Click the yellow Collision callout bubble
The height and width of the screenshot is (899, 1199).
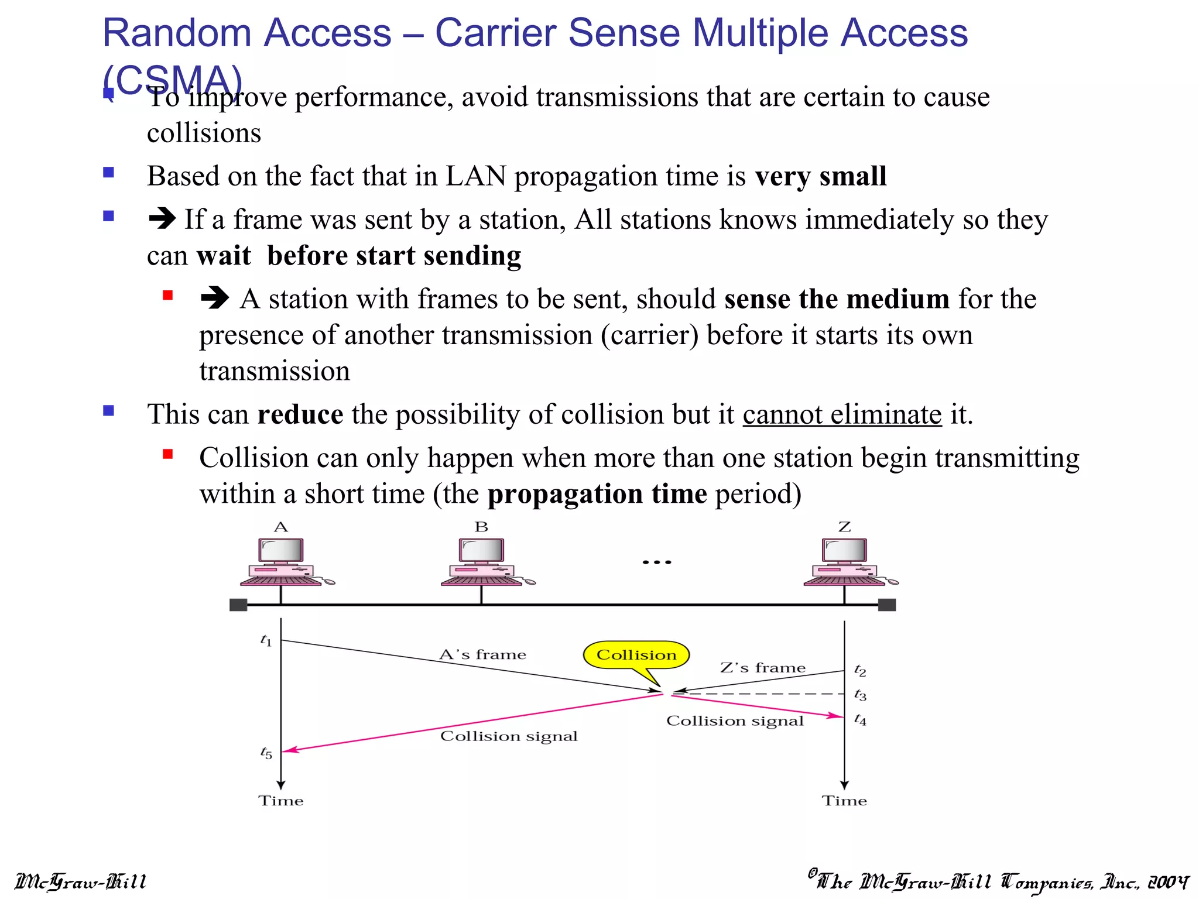(x=636, y=655)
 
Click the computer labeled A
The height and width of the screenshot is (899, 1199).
(x=282, y=562)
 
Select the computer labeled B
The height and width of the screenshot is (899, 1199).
(x=482, y=562)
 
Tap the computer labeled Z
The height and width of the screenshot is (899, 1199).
(x=845, y=562)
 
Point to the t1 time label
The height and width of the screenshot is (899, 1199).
(x=266, y=640)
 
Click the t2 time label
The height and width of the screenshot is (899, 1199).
(x=860, y=670)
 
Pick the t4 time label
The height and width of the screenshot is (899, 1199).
(x=860, y=719)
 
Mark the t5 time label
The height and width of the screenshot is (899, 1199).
(x=266, y=753)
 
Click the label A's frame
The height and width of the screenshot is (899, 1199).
(x=483, y=654)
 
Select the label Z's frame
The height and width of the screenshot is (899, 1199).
(x=763, y=668)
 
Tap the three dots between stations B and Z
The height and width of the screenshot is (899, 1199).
(x=657, y=562)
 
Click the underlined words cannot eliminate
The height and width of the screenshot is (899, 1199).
(x=842, y=414)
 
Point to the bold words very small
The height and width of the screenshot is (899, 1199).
(x=821, y=176)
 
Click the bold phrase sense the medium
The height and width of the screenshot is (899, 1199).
(x=837, y=299)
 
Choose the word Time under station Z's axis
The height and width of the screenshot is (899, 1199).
(x=844, y=801)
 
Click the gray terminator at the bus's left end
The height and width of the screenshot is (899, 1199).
(x=238, y=605)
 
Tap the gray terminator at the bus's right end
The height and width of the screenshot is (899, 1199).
(x=887, y=605)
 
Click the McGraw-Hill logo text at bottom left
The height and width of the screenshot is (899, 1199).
(x=81, y=881)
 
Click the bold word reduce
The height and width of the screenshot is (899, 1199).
(x=300, y=414)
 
